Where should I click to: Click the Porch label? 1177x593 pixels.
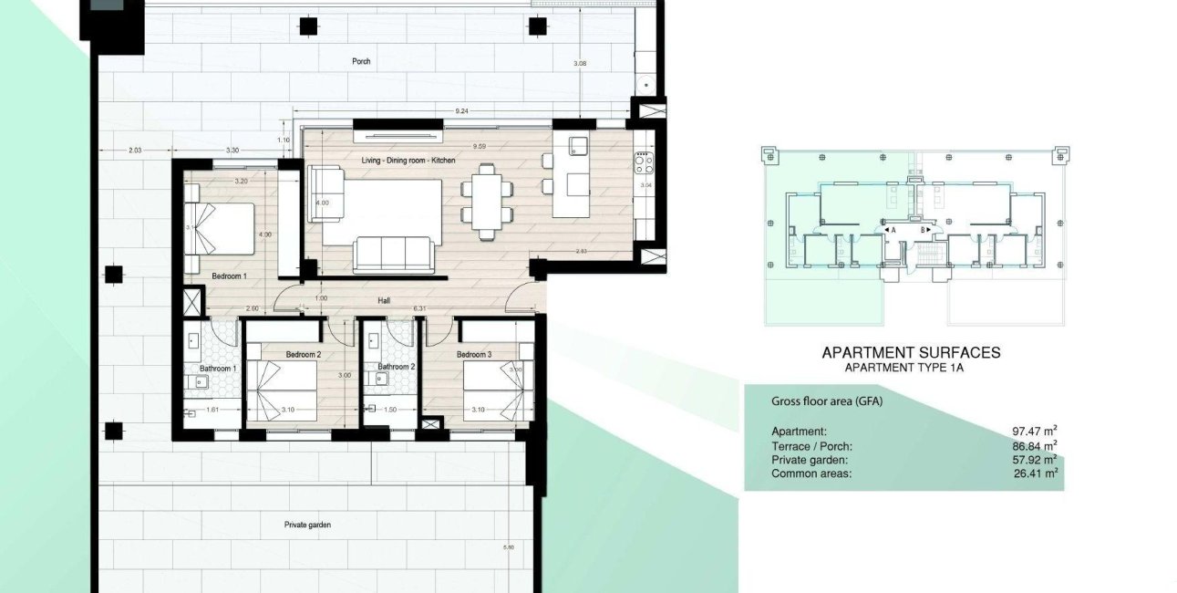pos(362,61)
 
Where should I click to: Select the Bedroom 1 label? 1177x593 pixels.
pos(230,275)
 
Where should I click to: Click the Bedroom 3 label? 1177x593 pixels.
pos(474,354)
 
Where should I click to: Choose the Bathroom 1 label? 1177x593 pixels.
pos(218,368)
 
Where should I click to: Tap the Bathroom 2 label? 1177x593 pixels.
pos(382,368)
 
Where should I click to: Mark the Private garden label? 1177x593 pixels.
pos(308,525)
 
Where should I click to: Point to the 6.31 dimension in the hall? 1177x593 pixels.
pos(420,309)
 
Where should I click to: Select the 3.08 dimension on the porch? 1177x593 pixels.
pos(580,63)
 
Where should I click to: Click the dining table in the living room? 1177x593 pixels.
pos(485,201)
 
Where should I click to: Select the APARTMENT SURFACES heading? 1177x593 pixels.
pos(911,352)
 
